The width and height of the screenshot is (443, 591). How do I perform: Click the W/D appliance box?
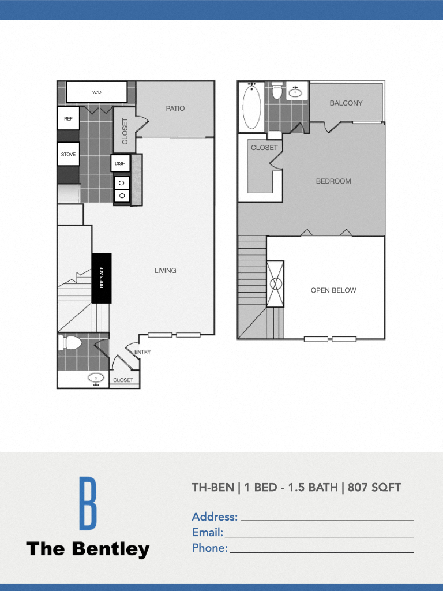tap(96, 92)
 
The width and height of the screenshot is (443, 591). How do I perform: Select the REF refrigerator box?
tap(68, 119)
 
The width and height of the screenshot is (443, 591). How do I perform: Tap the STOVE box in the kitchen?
tap(68, 155)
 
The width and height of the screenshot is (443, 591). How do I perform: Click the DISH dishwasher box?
tap(120, 163)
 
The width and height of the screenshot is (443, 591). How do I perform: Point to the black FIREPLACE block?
tap(102, 278)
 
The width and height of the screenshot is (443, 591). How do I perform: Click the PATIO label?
tap(175, 109)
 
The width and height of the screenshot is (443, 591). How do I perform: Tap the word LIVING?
tap(165, 271)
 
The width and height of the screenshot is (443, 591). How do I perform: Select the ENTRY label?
tap(142, 352)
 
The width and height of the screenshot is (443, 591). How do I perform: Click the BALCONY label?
tap(346, 103)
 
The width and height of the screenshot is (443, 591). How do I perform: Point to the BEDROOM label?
tap(333, 181)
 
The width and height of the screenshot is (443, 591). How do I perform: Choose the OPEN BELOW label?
tap(333, 290)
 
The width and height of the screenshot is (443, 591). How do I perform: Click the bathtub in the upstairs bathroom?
tap(251, 107)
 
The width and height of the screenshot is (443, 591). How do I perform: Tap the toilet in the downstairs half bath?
tap(71, 343)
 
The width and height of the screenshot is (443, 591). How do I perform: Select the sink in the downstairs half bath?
tap(96, 379)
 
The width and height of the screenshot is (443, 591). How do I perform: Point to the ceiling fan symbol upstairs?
tap(275, 284)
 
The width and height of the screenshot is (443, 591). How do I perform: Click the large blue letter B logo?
tap(88, 503)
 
